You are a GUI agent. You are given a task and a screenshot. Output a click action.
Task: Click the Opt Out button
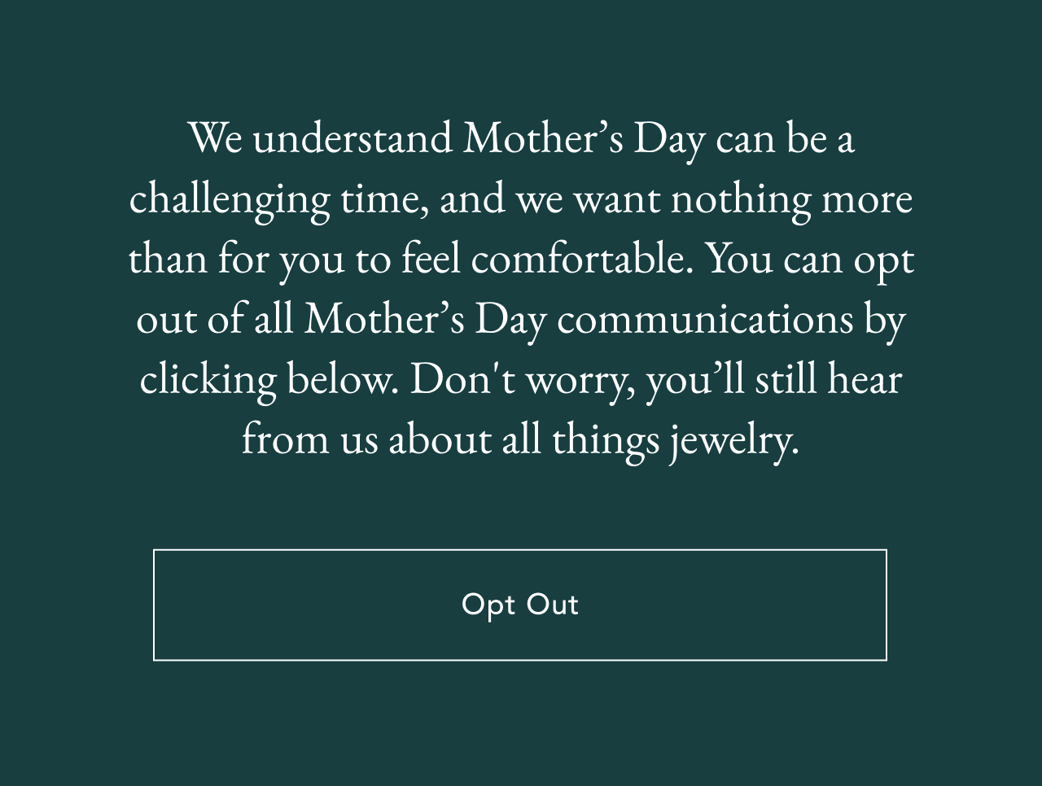click(519, 605)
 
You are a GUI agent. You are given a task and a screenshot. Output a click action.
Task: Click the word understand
click(352, 138)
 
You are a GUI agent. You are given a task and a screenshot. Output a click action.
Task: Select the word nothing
click(740, 199)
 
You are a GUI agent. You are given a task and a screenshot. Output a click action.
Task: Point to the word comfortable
click(581, 259)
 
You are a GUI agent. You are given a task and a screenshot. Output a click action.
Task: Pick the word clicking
click(208, 379)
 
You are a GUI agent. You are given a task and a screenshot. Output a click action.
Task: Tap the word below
click(342, 379)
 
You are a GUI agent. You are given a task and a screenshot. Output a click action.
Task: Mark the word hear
click(865, 379)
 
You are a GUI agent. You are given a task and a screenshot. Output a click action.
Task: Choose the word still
click(786, 379)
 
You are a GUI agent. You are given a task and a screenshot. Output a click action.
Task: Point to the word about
click(440, 439)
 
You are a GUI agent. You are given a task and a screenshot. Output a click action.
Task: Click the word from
click(285, 439)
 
